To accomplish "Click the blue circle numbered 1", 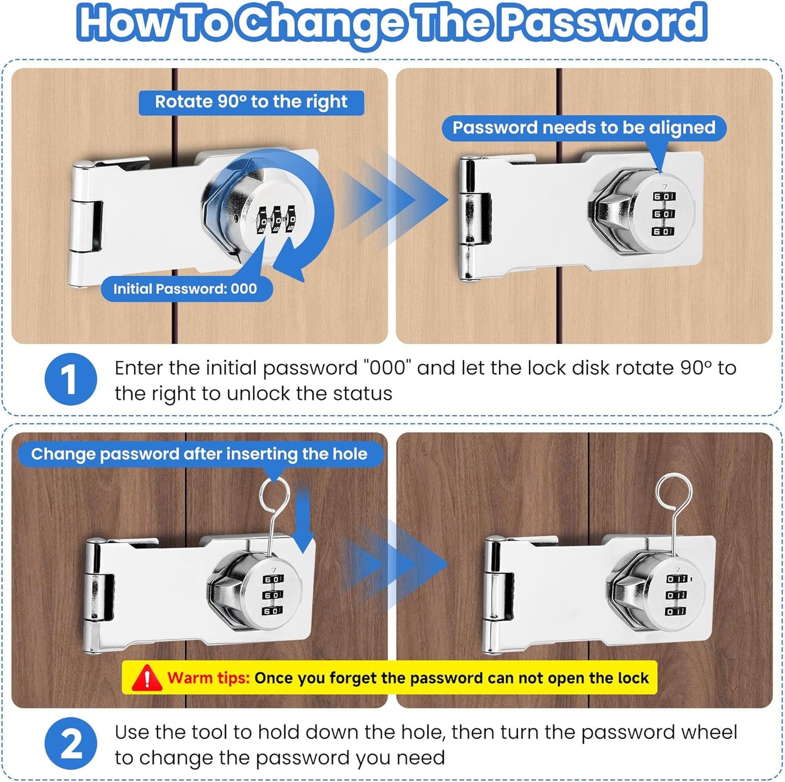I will (x=70, y=379).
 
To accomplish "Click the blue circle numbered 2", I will (x=70, y=743).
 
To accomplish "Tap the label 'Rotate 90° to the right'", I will (x=251, y=102).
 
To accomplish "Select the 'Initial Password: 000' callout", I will (x=185, y=289).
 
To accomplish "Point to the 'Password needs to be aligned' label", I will (x=583, y=128).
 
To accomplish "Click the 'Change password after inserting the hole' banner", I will (x=199, y=454).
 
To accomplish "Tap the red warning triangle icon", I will (x=146, y=678).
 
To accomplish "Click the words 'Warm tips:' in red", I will (x=208, y=678).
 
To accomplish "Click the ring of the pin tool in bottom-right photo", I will (x=674, y=492).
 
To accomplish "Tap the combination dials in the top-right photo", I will (x=663, y=214).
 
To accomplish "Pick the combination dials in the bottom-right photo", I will (x=676, y=595).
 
